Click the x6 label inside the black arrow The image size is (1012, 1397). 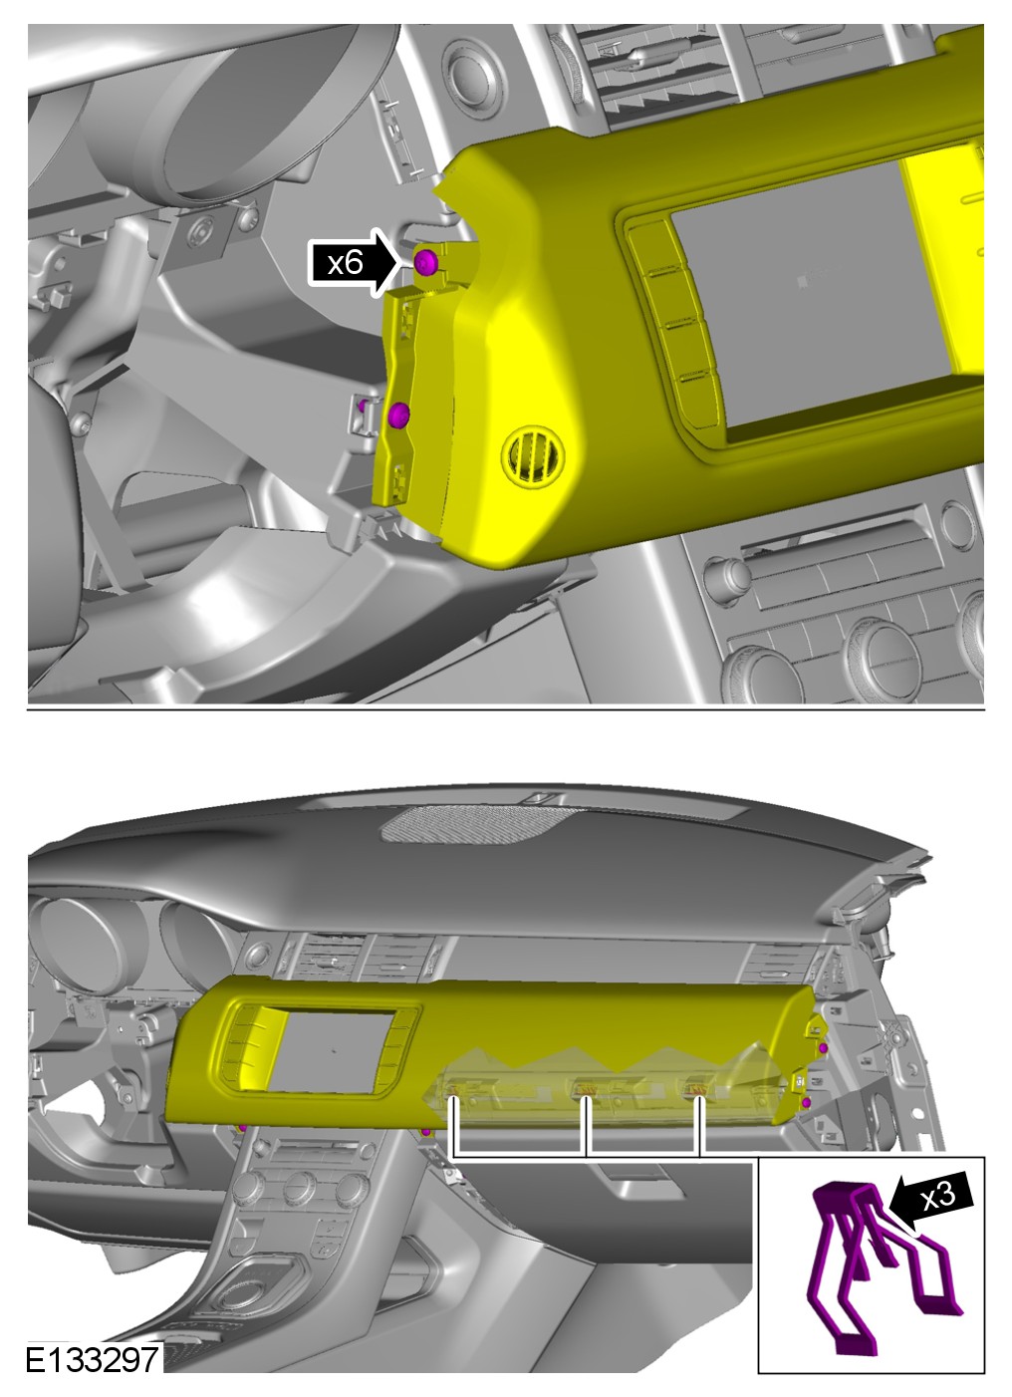pos(345,263)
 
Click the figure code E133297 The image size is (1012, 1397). pos(92,1359)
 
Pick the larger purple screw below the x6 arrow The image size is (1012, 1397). pos(398,415)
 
